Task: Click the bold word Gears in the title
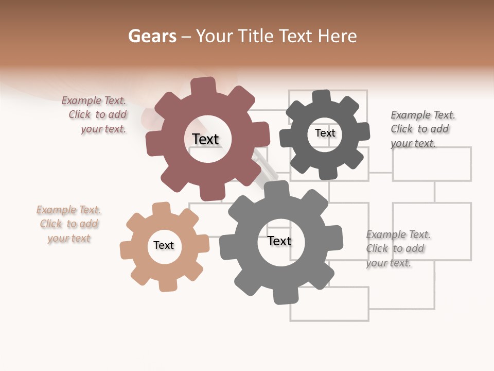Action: coord(152,36)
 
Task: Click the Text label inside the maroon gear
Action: coord(205,139)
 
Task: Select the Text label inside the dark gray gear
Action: coord(325,133)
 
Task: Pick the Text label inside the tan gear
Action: coord(164,245)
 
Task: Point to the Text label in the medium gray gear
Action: coord(279,241)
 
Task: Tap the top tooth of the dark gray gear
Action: coord(322,97)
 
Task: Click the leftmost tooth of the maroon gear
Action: coord(153,144)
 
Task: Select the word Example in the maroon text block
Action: coord(81,101)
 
